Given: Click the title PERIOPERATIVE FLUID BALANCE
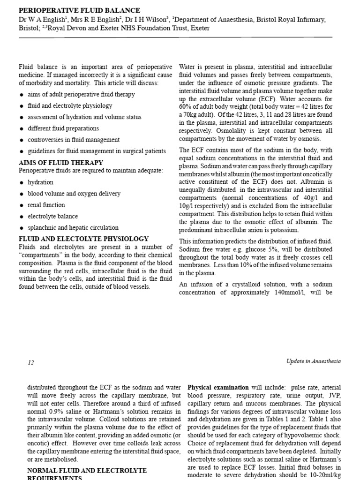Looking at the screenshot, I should (79, 10).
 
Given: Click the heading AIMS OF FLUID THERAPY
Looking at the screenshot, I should (60, 162).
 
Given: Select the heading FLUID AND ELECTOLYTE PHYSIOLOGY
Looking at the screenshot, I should (83, 239).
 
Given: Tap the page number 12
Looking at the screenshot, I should (31, 361).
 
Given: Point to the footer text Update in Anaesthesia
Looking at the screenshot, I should (313, 361).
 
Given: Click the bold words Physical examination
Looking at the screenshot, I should (218, 388).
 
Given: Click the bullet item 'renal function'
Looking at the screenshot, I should (46, 205).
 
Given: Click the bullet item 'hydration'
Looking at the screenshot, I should (41, 182).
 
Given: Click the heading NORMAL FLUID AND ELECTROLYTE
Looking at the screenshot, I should (87, 470).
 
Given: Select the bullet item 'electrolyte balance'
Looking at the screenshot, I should (53, 217).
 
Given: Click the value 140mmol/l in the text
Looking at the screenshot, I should (286, 292).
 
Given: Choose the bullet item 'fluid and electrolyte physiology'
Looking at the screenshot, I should (70, 105).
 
